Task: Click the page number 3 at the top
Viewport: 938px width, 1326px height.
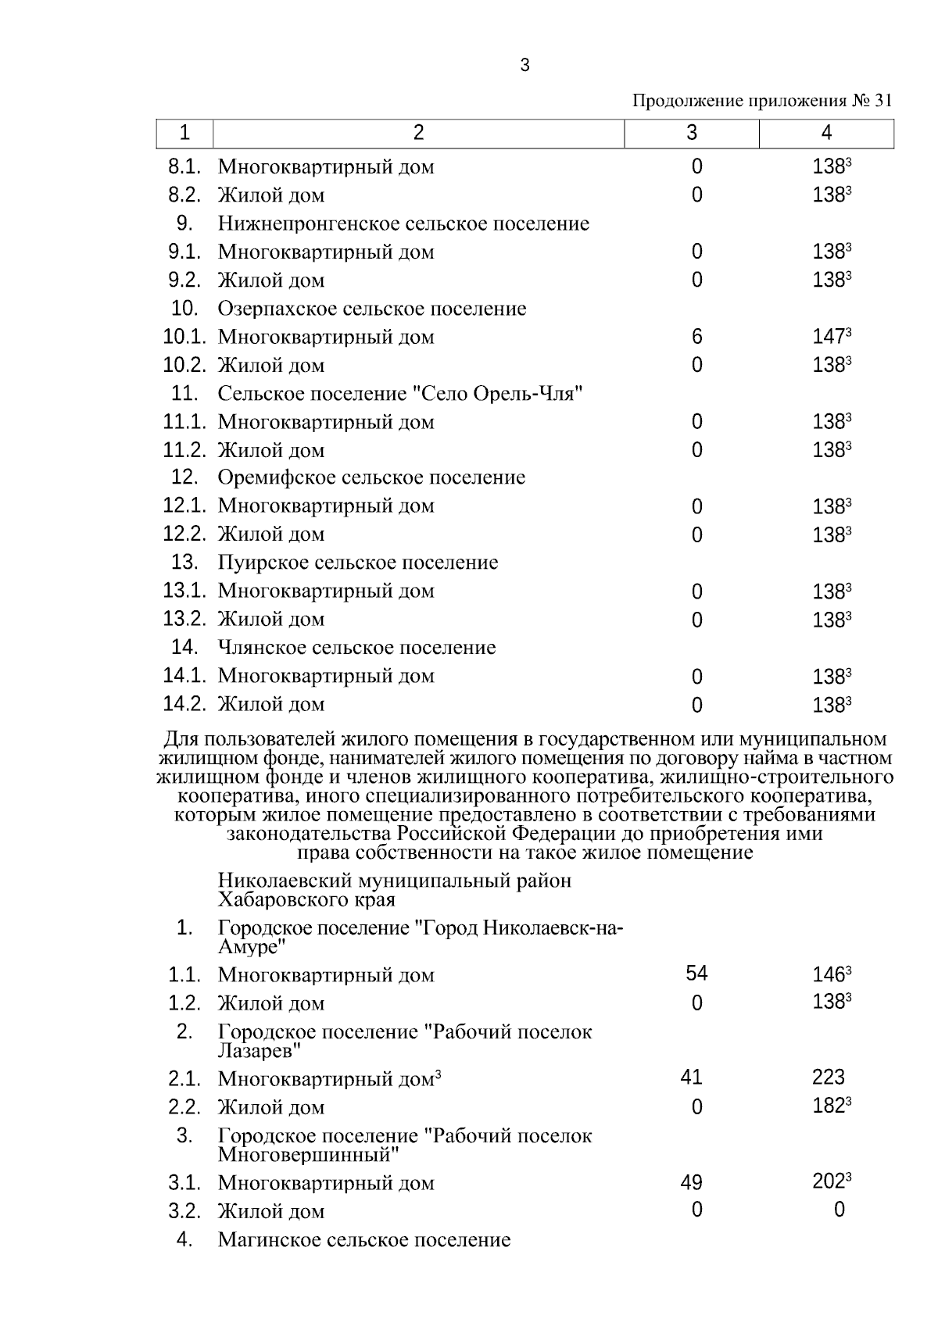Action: (524, 66)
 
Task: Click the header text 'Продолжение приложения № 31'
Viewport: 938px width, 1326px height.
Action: (761, 102)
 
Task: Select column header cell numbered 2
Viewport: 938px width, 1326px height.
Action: (418, 134)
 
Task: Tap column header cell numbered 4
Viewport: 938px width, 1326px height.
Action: (826, 134)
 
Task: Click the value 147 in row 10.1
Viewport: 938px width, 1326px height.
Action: (829, 338)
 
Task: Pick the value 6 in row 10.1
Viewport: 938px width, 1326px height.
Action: (696, 338)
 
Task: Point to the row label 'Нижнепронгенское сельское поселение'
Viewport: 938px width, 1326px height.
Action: (403, 224)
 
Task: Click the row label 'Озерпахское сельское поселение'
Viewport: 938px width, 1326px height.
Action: (372, 309)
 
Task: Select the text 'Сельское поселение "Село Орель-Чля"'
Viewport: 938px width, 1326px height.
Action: (401, 394)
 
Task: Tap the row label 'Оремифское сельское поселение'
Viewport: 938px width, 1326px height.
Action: (371, 478)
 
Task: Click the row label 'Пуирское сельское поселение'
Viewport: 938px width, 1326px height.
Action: (358, 563)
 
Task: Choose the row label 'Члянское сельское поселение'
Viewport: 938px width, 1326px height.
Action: (356, 648)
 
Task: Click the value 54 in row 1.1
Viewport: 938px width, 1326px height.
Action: (696, 974)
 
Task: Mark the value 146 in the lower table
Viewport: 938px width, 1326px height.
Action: (829, 975)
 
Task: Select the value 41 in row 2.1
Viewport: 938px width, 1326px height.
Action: (692, 1078)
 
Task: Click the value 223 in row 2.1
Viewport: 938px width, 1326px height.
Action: (829, 1078)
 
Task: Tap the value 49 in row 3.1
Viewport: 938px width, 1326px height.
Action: (692, 1183)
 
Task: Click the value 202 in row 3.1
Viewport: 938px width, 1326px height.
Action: (829, 1183)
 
